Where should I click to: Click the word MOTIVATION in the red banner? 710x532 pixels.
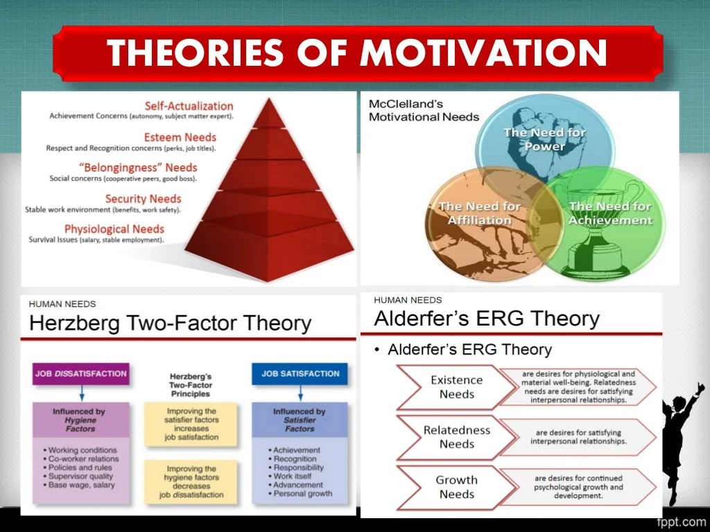[x=483, y=52]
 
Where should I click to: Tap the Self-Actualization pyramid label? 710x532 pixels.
[x=189, y=106]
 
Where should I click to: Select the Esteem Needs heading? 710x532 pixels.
[x=180, y=137]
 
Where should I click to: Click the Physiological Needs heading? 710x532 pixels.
[x=114, y=229]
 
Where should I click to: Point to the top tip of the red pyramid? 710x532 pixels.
[x=270, y=98]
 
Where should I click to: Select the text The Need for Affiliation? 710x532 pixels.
[x=480, y=213]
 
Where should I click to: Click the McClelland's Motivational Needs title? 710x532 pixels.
[x=424, y=110]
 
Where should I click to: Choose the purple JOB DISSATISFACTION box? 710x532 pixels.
[x=81, y=373]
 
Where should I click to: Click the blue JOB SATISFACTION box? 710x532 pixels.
[x=300, y=373]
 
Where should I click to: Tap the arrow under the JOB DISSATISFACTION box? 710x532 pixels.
[x=82, y=393]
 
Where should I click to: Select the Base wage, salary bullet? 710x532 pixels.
[x=79, y=485]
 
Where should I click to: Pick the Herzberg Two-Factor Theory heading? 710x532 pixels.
[x=171, y=323]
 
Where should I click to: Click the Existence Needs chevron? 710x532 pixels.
[x=456, y=387]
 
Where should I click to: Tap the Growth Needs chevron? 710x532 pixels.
[x=456, y=487]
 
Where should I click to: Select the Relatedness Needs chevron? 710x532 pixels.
[x=456, y=437]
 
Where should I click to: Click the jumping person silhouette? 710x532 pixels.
[x=682, y=443]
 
